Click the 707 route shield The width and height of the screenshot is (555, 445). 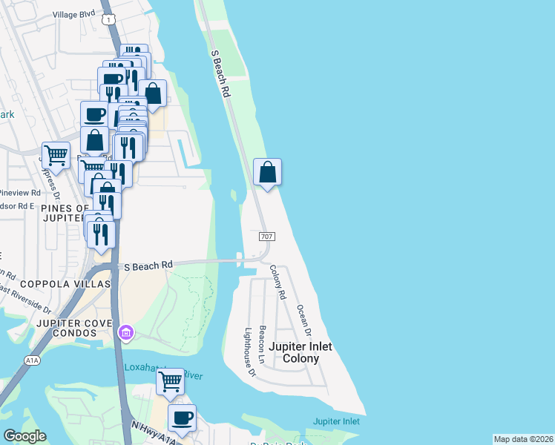(268, 237)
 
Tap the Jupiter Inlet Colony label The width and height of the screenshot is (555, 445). (300, 352)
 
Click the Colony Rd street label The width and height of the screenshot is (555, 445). (277, 283)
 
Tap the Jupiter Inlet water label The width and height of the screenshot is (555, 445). (336, 421)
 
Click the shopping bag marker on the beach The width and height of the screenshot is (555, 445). (267, 172)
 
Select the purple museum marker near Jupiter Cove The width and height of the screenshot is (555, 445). (125, 332)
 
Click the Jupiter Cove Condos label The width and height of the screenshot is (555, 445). (72, 325)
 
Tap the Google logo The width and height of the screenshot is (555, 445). (24, 436)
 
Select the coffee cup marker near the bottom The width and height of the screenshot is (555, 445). (182, 418)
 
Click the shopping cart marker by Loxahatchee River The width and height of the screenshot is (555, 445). (171, 381)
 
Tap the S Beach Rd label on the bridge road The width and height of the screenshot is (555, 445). (148, 265)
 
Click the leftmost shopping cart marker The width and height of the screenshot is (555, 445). (56, 156)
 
